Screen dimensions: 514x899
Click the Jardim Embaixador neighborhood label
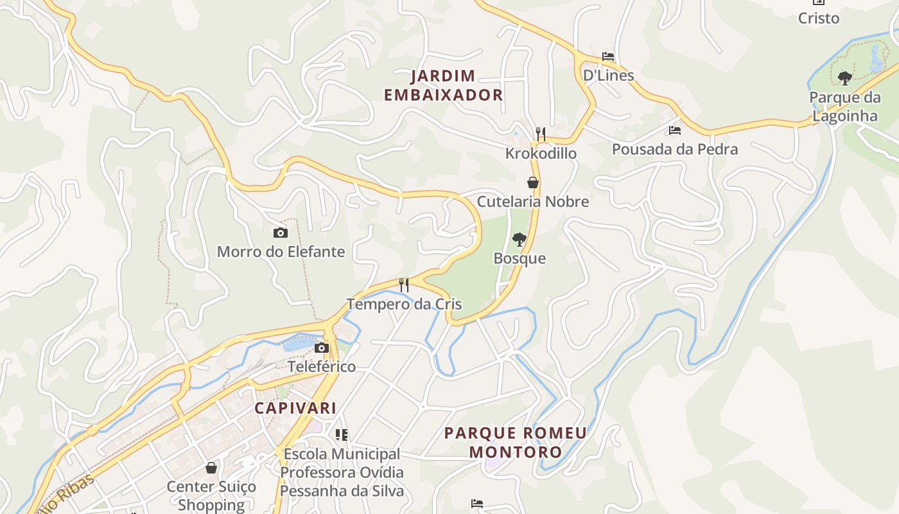click(443, 85)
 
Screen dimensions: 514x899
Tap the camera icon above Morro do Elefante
click(280, 233)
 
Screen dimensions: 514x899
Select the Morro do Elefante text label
click(281, 251)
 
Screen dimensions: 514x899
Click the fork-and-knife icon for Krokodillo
click(541, 134)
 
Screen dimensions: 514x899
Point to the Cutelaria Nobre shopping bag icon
click(532, 182)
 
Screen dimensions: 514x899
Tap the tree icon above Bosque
click(519, 240)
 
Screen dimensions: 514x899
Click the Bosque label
click(519, 258)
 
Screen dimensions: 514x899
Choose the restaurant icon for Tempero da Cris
click(404, 285)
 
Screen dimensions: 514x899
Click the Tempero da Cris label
click(404, 304)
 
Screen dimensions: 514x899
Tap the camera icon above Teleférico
click(321, 348)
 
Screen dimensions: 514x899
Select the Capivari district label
click(295, 408)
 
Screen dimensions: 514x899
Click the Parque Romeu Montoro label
click(515, 442)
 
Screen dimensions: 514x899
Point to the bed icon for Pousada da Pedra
click(674, 130)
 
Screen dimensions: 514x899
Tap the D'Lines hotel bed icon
click(608, 57)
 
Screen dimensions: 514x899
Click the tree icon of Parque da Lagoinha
click(845, 78)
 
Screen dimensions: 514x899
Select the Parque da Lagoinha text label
click(844, 107)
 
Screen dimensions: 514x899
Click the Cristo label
click(818, 18)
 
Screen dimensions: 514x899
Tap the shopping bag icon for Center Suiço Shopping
click(211, 468)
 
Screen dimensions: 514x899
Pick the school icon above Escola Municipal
click(342, 435)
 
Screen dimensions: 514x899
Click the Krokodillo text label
click(541, 154)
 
